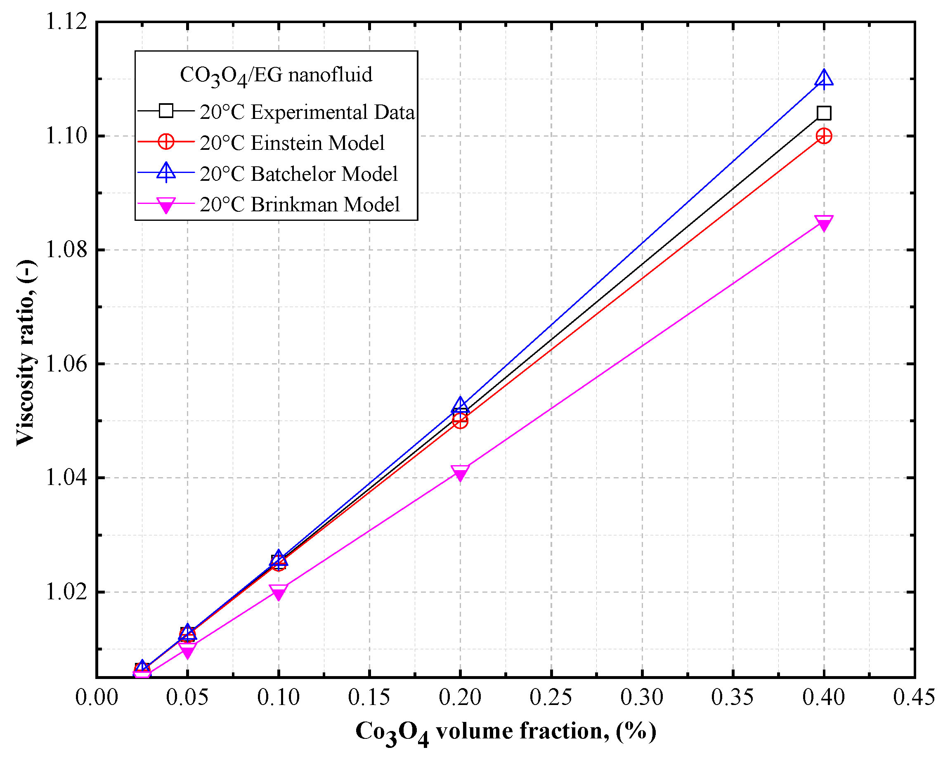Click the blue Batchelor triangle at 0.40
[x=824, y=79]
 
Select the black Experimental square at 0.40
[x=824, y=114]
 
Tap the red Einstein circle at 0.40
[x=824, y=136]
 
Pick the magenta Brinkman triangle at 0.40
[x=824, y=223]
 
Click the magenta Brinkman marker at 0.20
[x=460, y=473]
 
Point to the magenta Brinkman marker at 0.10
[x=279, y=592]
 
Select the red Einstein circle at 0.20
[x=460, y=421]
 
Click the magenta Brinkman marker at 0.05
[x=188, y=650]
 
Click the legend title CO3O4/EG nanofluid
[x=276, y=75]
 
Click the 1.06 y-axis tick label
[x=66, y=364]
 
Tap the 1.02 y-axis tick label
[x=66, y=592]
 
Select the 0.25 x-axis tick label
[x=551, y=698]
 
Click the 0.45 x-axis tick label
[x=914, y=698]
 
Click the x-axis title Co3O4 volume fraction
[x=506, y=732]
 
